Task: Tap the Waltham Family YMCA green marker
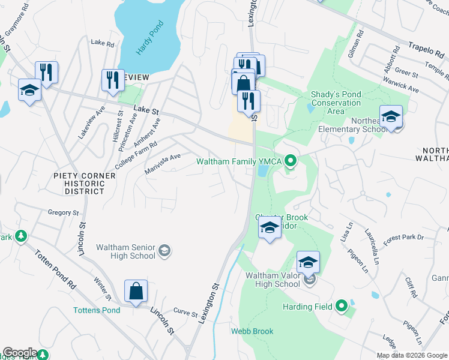pos(291,161)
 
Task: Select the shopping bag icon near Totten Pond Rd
pos(136,292)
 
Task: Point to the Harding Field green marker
pos(342,307)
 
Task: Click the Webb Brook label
pos(252,331)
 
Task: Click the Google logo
pos(20,353)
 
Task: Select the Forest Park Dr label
pos(403,238)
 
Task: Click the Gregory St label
pos(64,212)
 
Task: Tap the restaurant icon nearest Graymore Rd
pos(46,73)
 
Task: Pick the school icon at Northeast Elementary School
pos(391,116)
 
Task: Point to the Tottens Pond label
pos(97,310)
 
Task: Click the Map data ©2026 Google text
pos(411,355)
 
